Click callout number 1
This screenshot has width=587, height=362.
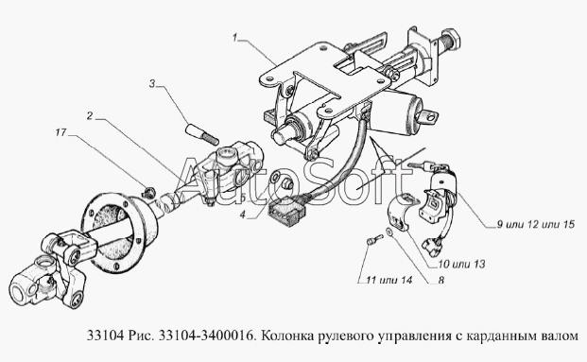234,38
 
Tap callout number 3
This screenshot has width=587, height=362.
152,84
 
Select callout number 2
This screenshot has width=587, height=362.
90,116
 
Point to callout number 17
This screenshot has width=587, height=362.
60,132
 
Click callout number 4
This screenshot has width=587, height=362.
243,215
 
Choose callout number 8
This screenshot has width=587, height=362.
441,280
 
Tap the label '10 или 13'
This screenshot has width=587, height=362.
461,264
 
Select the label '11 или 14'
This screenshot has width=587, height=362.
388,280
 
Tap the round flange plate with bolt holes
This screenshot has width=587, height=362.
119,232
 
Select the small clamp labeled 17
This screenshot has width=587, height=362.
149,193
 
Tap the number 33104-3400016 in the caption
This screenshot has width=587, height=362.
205,336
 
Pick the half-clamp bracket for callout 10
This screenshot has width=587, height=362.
400,215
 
